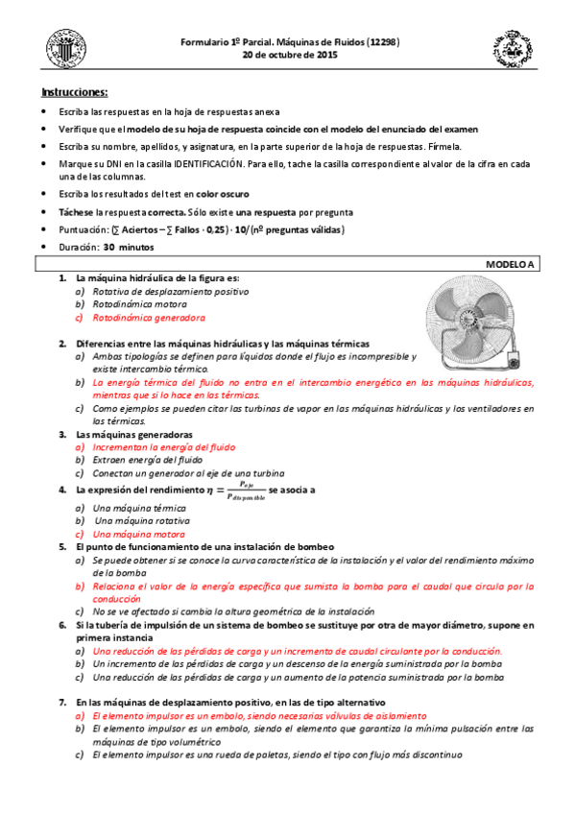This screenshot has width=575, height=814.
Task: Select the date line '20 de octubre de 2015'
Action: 289,55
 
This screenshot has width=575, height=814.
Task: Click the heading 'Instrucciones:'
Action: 74,92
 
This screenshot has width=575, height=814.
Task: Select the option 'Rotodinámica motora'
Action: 141,303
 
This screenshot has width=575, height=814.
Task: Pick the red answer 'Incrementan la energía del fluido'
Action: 163,446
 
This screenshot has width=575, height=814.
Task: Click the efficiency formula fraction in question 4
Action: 246,490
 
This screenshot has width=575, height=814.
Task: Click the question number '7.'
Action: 62,701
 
